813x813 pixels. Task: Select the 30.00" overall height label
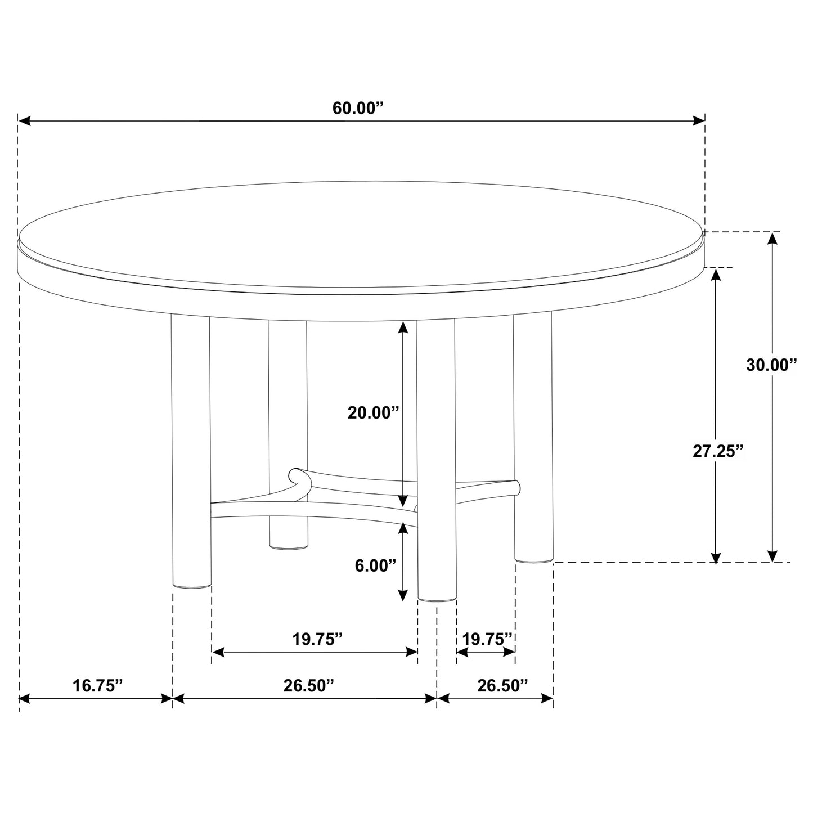point(772,365)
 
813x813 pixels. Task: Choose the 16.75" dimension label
point(97,685)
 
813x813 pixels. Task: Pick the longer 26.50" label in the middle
point(308,685)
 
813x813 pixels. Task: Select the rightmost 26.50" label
point(502,685)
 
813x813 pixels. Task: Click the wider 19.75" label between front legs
point(317,639)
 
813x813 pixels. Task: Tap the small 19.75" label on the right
point(487,639)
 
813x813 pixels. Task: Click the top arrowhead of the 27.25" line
point(716,275)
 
